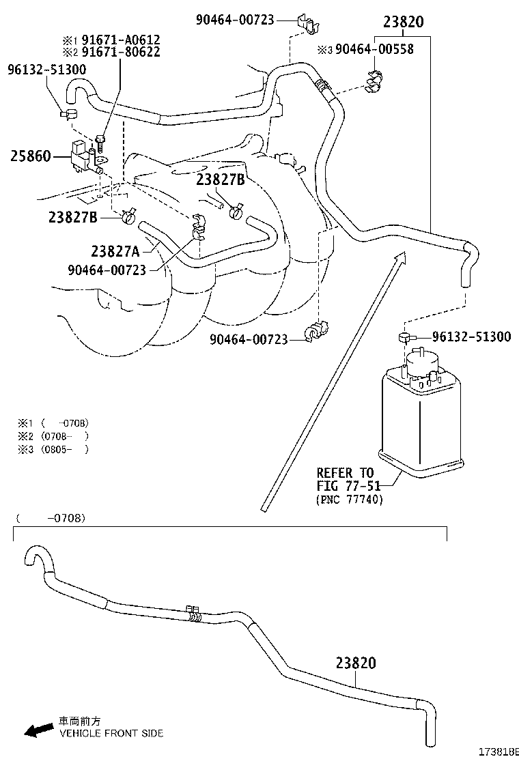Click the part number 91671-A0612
click(121, 40)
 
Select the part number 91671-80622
click(121, 52)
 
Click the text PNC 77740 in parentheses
click(350, 500)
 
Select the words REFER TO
click(345, 473)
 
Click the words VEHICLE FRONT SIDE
click(111, 733)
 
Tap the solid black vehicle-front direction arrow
click(38, 730)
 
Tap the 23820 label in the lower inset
click(355, 663)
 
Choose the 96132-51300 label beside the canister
click(471, 337)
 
